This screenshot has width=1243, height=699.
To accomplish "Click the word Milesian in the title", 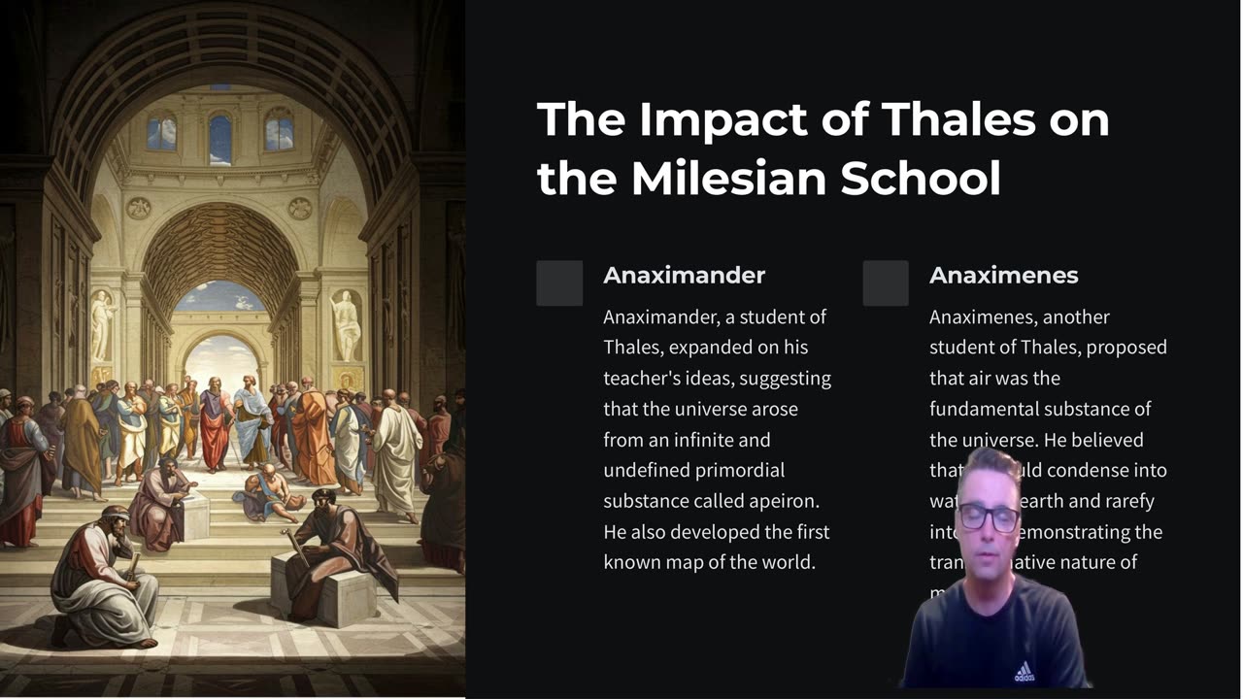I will click(x=727, y=179).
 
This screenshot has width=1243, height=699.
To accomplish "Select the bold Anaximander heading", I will click(x=684, y=275).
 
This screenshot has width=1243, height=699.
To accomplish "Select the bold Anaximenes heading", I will click(x=1003, y=275).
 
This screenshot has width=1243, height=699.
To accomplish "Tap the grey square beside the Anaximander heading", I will click(x=559, y=283).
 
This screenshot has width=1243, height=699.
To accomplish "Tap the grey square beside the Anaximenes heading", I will click(x=886, y=283).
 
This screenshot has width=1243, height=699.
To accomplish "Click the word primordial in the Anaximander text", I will click(x=740, y=470).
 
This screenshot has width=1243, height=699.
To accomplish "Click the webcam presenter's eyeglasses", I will click(x=988, y=517).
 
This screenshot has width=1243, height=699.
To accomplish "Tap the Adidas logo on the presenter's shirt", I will click(x=1024, y=671).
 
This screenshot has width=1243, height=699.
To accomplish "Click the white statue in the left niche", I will click(x=102, y=325).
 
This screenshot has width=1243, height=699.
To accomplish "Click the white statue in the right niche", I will click(x=347, y=325).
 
